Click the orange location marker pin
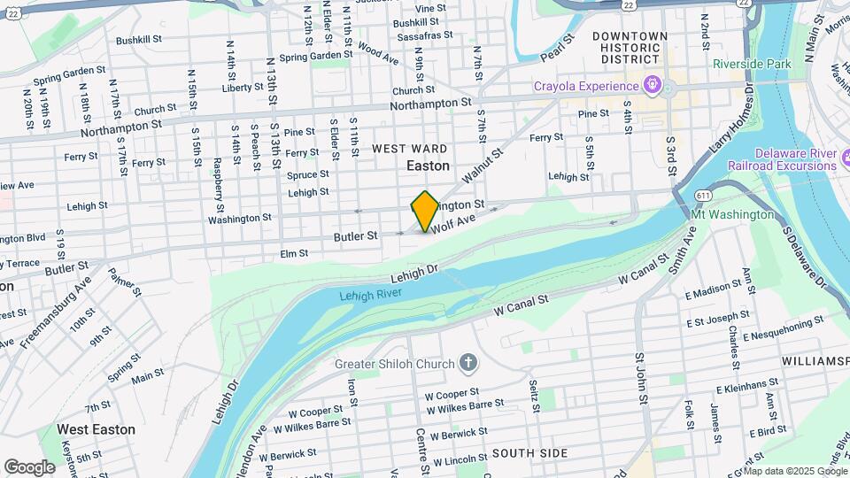(425, 212)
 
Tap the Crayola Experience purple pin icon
(653, 86)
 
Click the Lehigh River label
(370, 295)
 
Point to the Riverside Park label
(752, 65)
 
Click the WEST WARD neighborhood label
(409, 148)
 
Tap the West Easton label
(96, 429)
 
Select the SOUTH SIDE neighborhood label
(529, 453)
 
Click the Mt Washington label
(731, 214)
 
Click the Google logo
(29, 466)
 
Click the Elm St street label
(293, 253)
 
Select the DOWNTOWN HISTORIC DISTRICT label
(630, 48)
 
